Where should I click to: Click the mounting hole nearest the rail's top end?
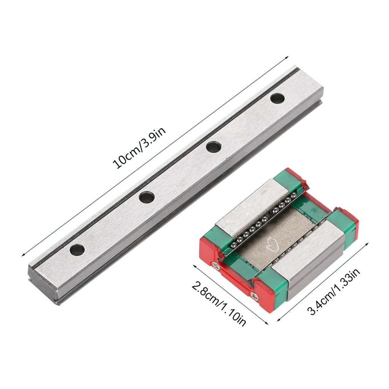pos(277,98)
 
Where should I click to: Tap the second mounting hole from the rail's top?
pos(214,147)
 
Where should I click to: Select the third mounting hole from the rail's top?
pos(147,197)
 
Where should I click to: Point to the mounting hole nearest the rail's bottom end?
pos(77,250)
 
